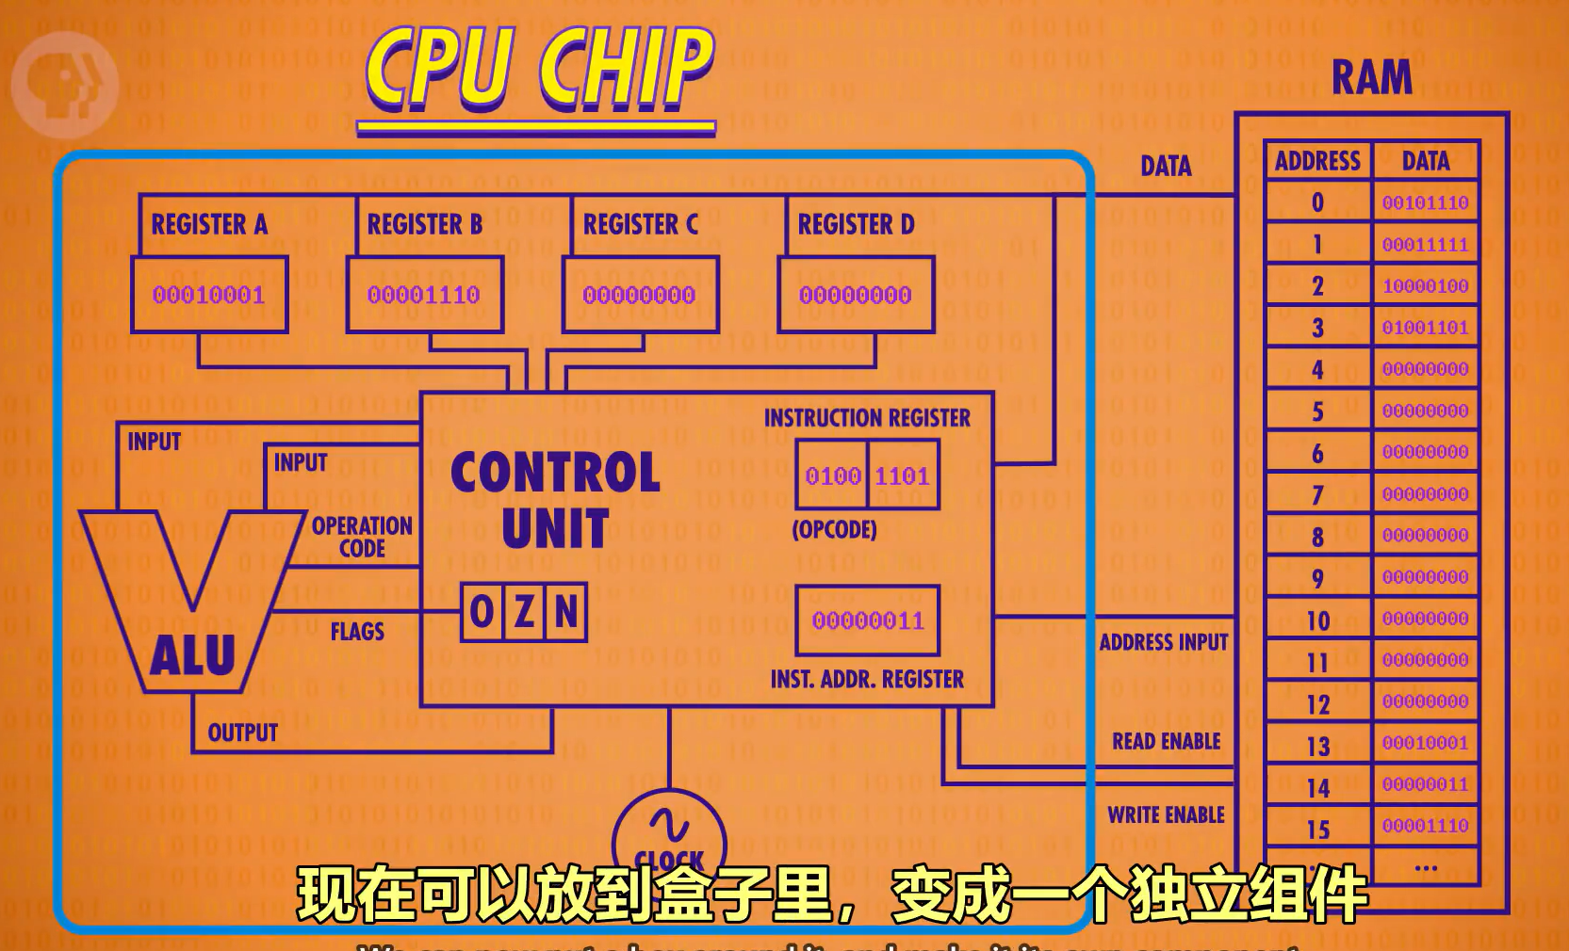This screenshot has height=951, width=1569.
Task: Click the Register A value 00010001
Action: tap(208, 295)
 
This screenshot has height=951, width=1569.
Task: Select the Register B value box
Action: tap(424, 295)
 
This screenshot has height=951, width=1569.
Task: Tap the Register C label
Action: tap(640, 224)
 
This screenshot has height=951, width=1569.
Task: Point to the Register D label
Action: tap(856, 224)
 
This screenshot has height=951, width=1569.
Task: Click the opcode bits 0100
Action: tap(833, 475)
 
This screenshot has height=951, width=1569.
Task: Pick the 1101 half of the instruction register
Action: tap(902, 475)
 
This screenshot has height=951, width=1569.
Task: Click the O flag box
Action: tap(482, 612)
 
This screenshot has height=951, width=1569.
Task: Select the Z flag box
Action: tap(524, 612)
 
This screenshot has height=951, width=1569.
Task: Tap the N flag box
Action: tap(565, 612)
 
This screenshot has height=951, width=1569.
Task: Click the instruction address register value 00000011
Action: tap(868, 621)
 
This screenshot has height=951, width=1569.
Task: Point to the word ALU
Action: tap(192, 655)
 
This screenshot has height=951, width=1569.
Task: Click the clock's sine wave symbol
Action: tap(669, 826)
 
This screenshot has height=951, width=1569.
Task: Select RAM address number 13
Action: tap(1317, 747)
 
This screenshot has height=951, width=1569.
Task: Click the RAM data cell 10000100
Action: tap(1425, 286)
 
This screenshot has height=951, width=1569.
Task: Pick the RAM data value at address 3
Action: tap(1425, 328)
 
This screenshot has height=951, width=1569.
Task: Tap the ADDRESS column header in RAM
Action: tap(1317, 161)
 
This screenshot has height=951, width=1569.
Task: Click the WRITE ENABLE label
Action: tap(1166, 814)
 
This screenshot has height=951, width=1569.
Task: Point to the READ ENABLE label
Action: tap(1166, 741)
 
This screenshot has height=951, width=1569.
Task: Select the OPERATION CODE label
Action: tap(362, 537)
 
